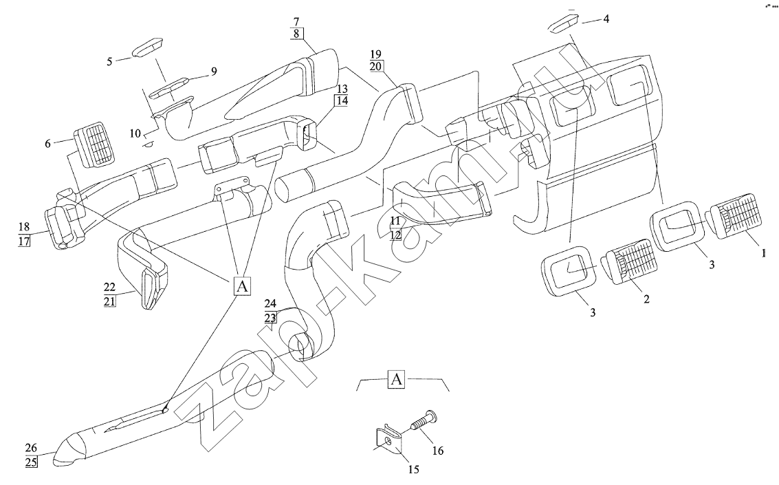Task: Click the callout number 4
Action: (606, 19)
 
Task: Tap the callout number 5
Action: (110, 61)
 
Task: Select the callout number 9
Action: (214, 72)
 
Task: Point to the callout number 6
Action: (47, 144)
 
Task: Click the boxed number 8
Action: (296, 34)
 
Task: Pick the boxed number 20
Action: (376, 65)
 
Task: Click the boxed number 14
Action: (342, 100)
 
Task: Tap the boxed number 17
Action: (24, 241)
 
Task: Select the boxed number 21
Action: (110, 301)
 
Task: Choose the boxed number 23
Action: (270, 318)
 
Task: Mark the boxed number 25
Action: (32, 462)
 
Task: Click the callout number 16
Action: (438, 451)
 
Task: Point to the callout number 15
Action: (413, 469)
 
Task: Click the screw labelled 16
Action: (423, 422)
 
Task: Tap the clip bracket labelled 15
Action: (389, 440)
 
